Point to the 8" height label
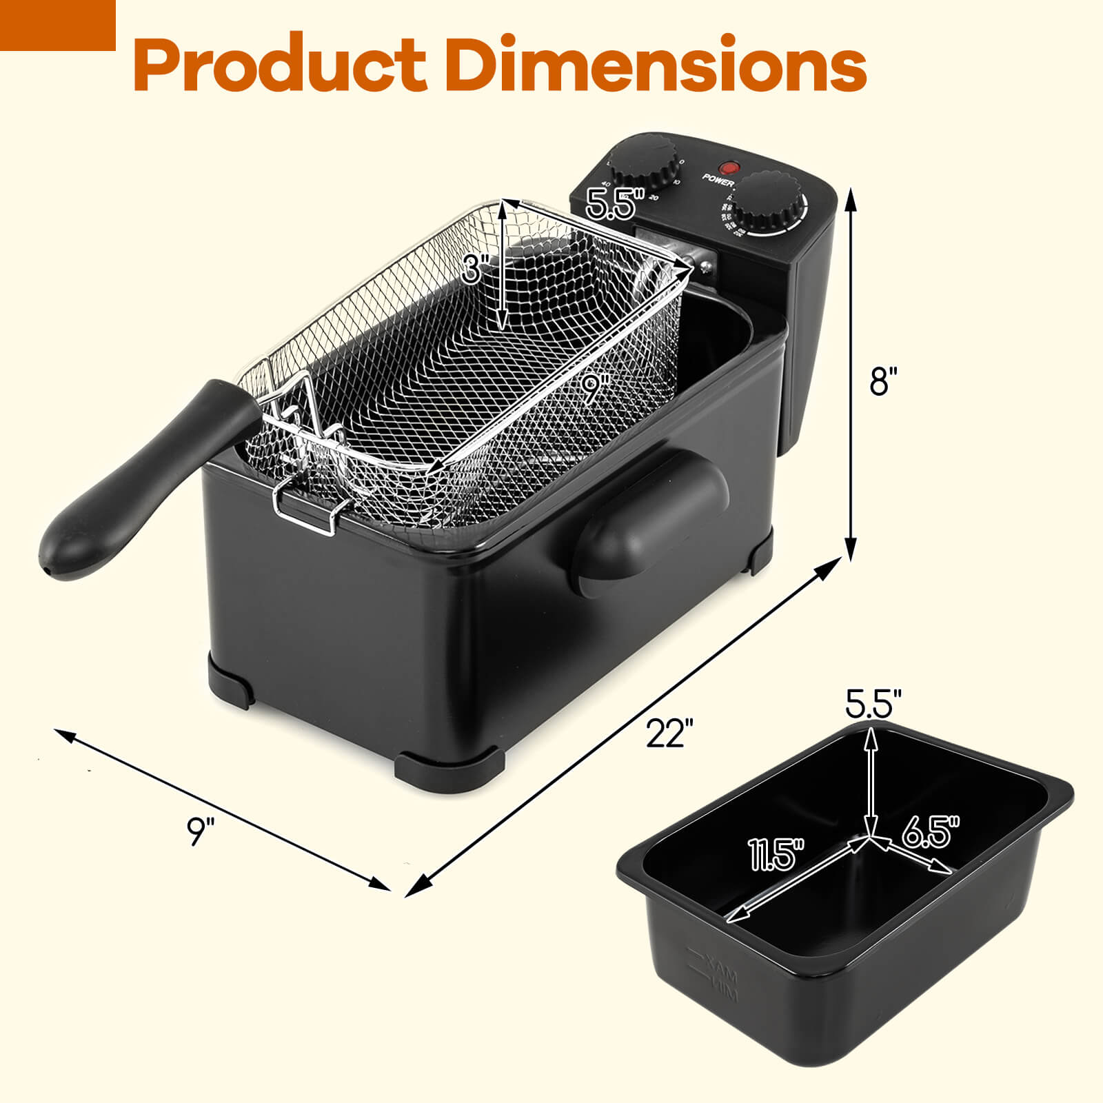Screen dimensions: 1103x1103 click(x=884, y=381)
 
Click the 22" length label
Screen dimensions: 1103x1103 click(x=669, y=733)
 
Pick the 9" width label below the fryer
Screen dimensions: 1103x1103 click(x=201, y=831)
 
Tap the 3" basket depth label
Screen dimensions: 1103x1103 click(x=476, y=267)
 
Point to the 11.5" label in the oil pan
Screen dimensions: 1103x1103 click(x=778, y=855)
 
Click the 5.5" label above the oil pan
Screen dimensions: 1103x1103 click(x=873, y=704)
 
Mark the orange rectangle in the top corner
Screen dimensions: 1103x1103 click(x=57, y=25)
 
